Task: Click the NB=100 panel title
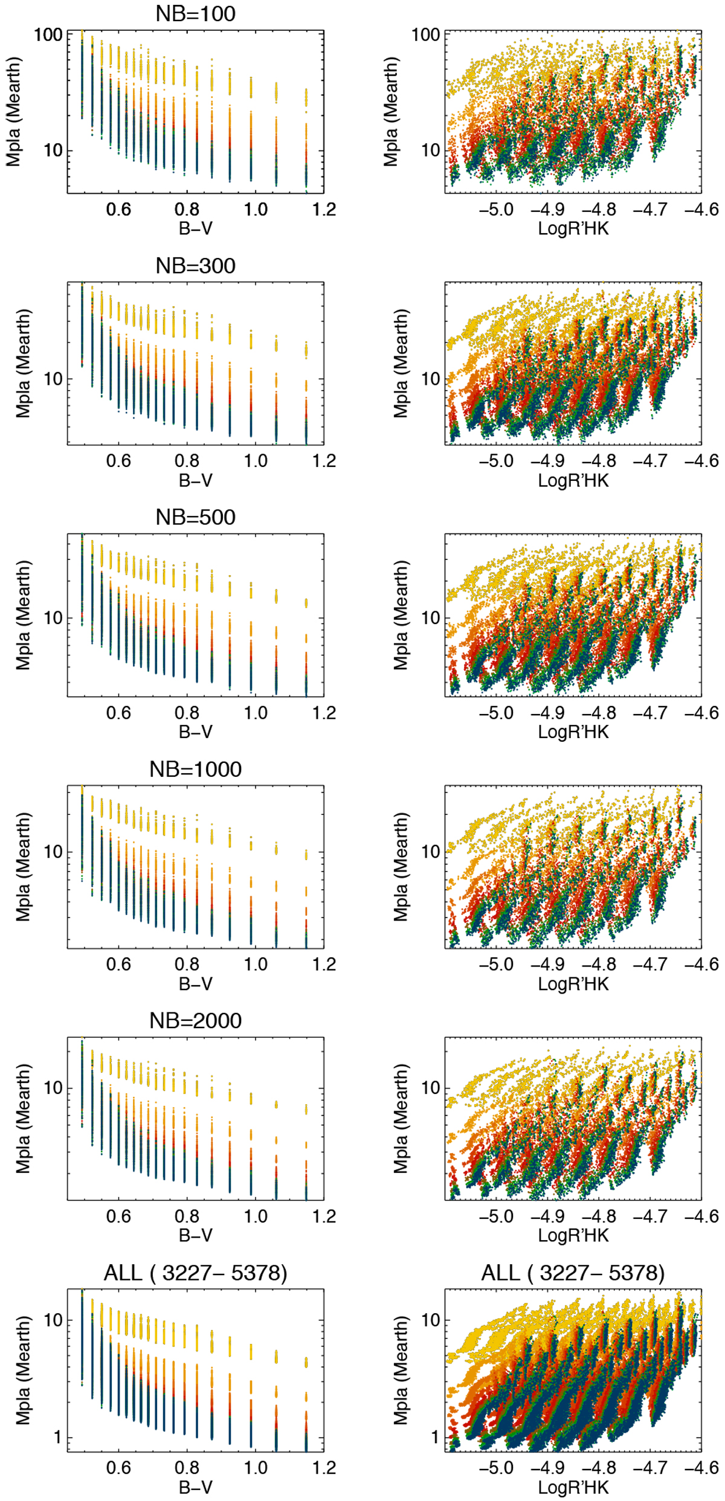click(195, 14)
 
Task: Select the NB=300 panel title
click(195, 266)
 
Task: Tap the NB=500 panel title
click(195, 517)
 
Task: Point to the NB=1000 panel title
click(195, 769)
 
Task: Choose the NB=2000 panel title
click(195, 1020)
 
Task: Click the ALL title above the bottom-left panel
click(195, 1273)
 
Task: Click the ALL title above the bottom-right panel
click(573, 1273)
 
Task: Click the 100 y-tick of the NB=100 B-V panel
click(48, 34)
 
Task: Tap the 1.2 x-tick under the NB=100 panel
click(324, 210)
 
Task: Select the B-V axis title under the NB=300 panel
click(195, 480)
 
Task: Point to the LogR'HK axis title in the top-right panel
click(573, 229)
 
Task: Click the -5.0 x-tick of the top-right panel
click(496, 210)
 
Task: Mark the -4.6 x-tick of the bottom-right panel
click(701, 1467)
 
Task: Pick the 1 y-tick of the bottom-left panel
click(57, 1436)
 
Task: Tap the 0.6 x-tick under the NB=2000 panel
click(118, 1216)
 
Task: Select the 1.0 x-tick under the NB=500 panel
click(256, 713)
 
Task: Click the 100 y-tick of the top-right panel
click(427, 34)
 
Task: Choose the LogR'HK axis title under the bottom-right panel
click(573, 1487)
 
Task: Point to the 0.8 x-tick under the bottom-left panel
click(187, 1467)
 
